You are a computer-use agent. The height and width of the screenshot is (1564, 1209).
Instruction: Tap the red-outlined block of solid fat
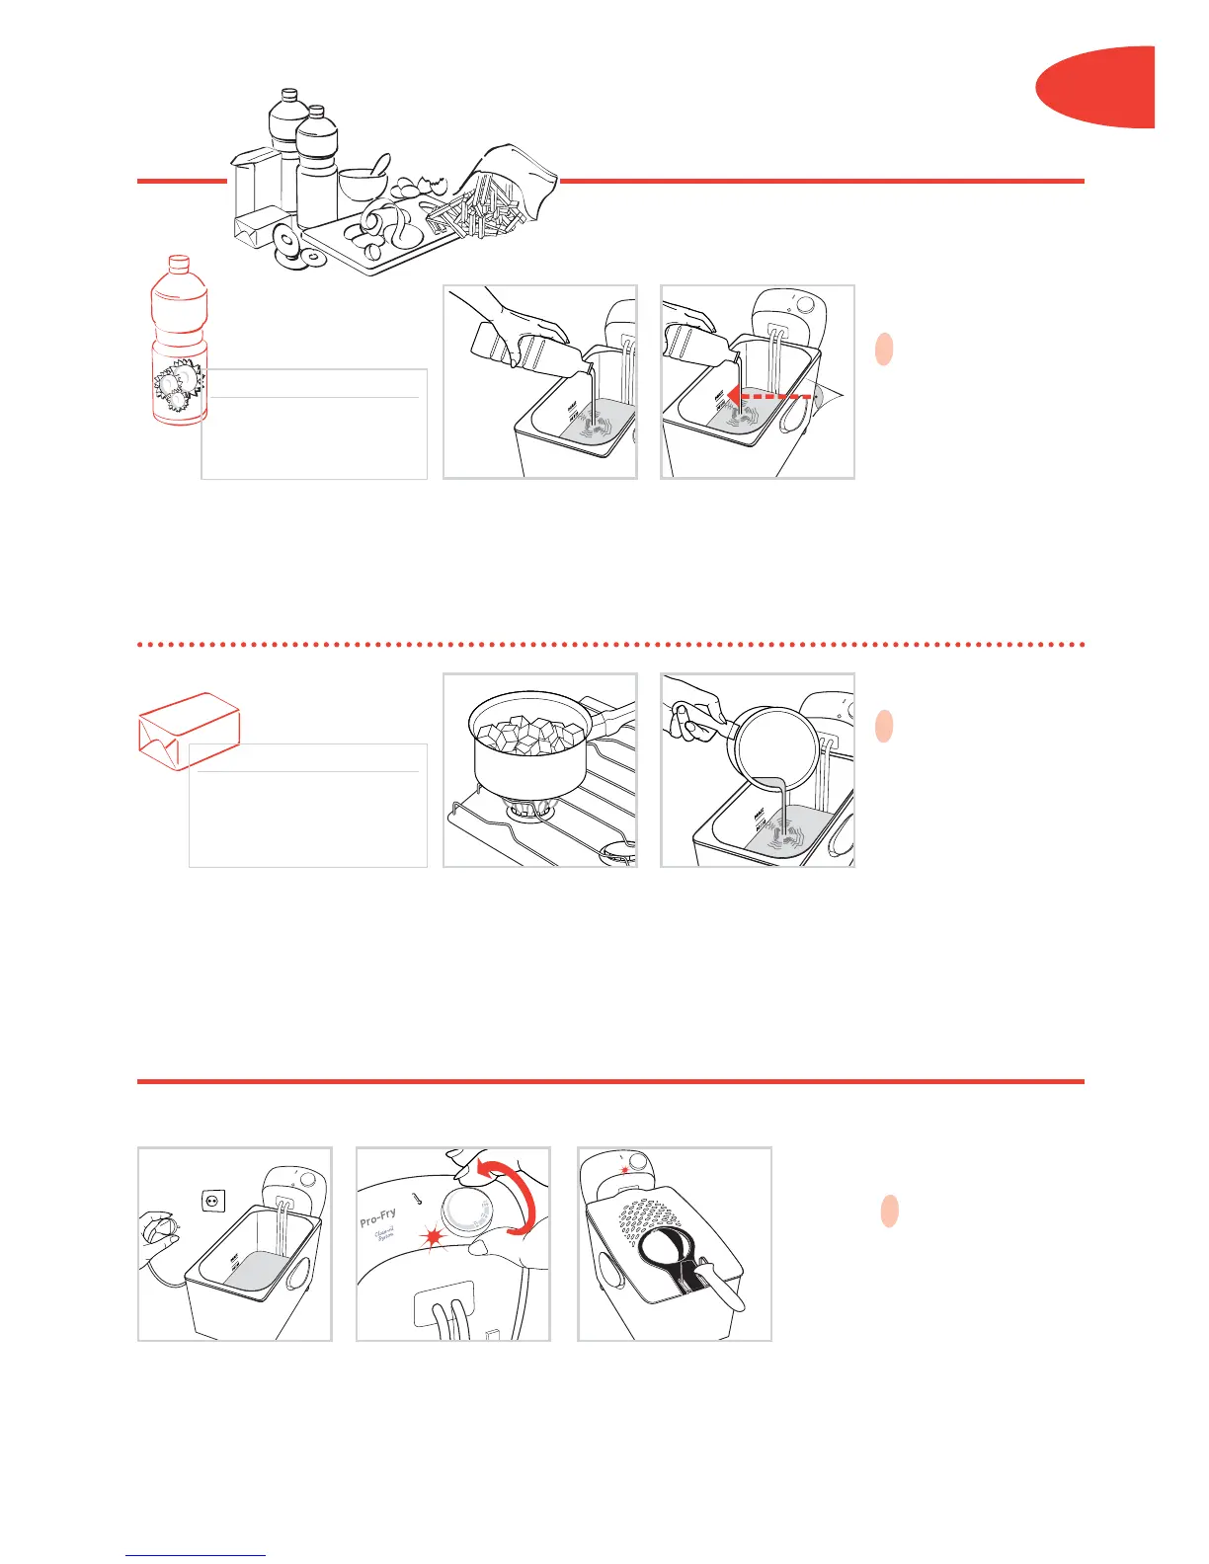pyautogui.click(x=188, y=732)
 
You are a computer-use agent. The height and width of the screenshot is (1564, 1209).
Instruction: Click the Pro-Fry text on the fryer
pyautogui.click(x=378, y=1217)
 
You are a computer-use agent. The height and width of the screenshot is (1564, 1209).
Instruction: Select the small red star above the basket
pyautogui.click(x=623, y=1169)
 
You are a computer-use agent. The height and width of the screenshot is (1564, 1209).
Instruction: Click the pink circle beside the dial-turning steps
pyautogui.click(x=889, y=1211)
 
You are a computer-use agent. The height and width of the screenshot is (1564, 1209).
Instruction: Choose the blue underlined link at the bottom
pyautogui.click(x=196, y=1556)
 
